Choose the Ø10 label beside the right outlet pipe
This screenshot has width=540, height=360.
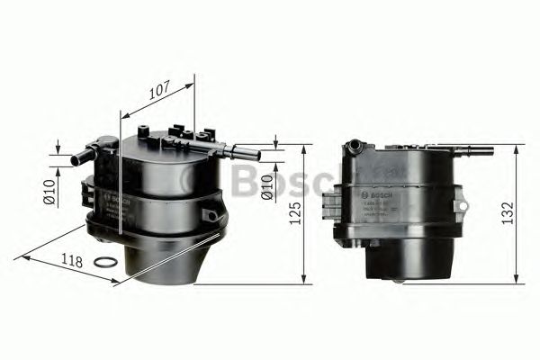[x=266, y=184]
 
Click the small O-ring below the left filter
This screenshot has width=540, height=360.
[x=105, y=263]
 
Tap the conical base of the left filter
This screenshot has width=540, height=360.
[x=171, y=256]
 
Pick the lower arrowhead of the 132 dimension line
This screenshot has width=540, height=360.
[x=516, y=278]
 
